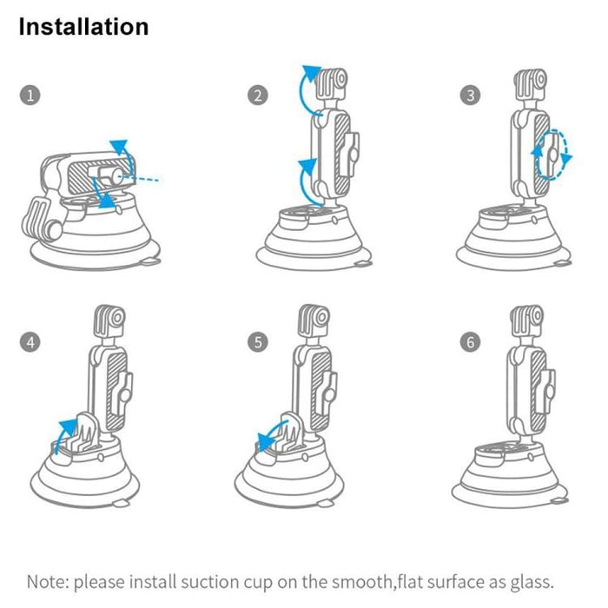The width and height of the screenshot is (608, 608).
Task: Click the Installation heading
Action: pos(83,27)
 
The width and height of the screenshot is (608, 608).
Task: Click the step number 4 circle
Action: pos(31,342)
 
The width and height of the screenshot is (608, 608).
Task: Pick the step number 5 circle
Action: pos(257,342)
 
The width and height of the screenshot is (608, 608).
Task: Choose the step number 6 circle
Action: pos(471,342)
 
